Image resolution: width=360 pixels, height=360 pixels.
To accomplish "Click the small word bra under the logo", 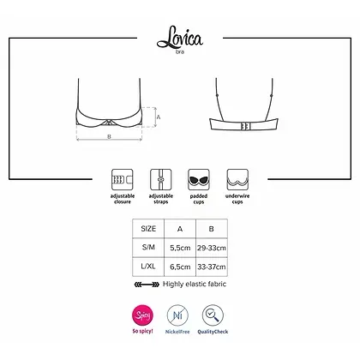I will pos(180,51).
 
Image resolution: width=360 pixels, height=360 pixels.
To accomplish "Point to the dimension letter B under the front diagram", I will pos(108,135).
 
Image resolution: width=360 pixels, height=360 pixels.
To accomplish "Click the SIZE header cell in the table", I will pos(147,229).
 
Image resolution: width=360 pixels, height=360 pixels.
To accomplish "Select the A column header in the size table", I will pos(180,229).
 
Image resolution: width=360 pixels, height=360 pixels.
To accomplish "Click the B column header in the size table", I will pos(212,229).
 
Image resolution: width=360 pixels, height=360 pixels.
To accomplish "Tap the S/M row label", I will pos(147,248).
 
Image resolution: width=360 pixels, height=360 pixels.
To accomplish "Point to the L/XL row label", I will pos(147,267).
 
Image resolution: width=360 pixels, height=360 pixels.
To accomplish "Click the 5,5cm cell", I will pos(180,248).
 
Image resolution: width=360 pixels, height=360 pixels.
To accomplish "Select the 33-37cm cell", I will pos(212,267).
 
